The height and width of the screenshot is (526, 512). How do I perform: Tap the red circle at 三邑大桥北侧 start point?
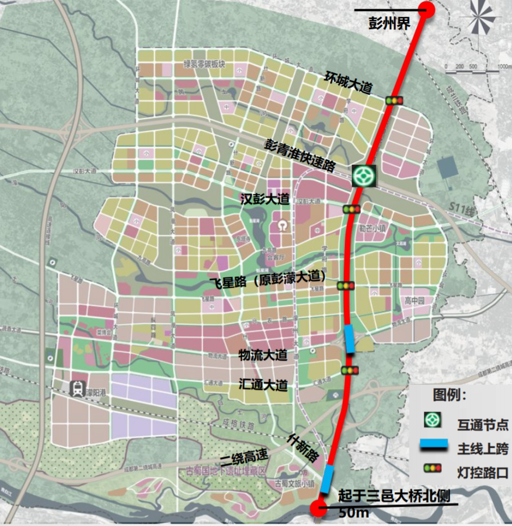pos(318,508)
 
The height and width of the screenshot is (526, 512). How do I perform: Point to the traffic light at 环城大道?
pos(395,101)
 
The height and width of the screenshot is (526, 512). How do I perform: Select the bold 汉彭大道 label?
pos(264,199)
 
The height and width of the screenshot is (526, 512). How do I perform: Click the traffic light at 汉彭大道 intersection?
pos(351,209)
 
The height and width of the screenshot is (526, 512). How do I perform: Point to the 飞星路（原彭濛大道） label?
pos(267,280)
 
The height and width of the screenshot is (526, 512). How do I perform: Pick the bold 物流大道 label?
pos(263,355)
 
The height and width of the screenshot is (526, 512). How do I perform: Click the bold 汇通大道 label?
pos(263,385)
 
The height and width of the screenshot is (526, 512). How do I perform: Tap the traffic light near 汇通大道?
pos(350,371)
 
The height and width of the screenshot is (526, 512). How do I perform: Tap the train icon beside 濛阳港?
pos(77,388)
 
